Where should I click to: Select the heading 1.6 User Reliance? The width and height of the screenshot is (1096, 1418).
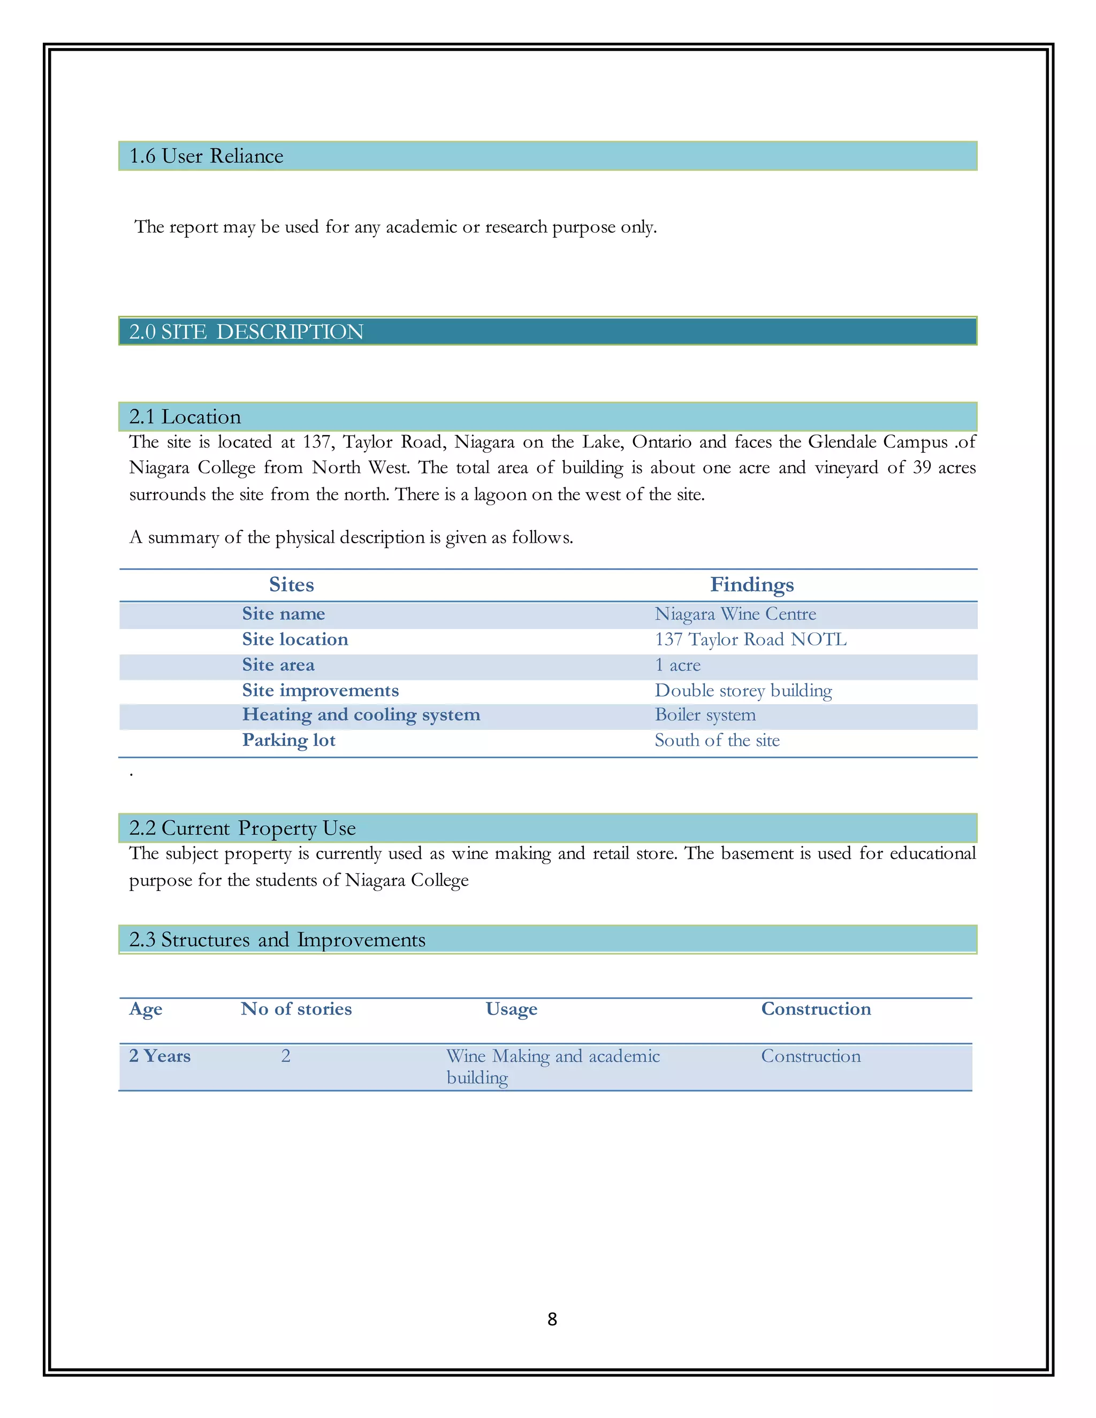[206, 156]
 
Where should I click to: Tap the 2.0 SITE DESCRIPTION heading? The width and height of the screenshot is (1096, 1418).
[246, 332]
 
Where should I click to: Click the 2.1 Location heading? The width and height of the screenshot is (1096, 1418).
[185, 417]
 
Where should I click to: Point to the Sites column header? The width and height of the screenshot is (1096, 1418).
[292, 584]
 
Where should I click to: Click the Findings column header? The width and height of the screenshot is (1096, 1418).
[751, 584]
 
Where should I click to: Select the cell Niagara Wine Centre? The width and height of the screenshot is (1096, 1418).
[735, 614]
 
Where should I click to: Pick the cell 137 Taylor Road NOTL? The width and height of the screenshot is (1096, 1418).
[750, 639]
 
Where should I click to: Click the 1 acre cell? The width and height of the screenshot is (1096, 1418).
[677, 665]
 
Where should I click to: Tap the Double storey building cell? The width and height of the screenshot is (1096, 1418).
[743, 690]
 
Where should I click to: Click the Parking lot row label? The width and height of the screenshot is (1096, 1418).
[288, 740]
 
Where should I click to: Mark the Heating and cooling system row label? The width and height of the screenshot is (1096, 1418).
[361, 715]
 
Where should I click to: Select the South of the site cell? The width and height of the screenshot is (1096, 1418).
[717, 740]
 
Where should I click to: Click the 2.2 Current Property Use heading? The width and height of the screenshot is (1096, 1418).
[242, 828]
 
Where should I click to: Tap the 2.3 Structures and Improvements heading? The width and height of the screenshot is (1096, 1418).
[277, 940]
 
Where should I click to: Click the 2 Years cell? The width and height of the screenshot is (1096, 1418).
[159, 1056]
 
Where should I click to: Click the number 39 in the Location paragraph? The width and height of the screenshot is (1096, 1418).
[922, 468]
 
